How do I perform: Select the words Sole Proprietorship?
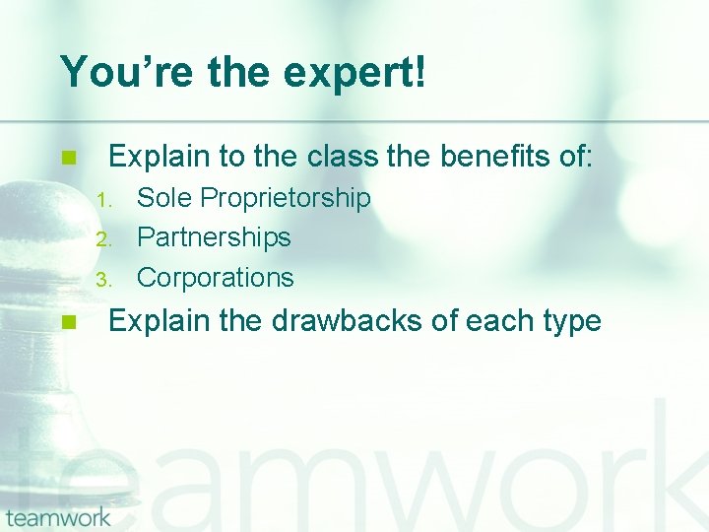253,199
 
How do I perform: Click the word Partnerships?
214,237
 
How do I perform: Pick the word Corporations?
215,278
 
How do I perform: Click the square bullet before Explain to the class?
67,158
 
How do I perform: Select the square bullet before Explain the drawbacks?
67,322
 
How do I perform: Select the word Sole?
164,199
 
